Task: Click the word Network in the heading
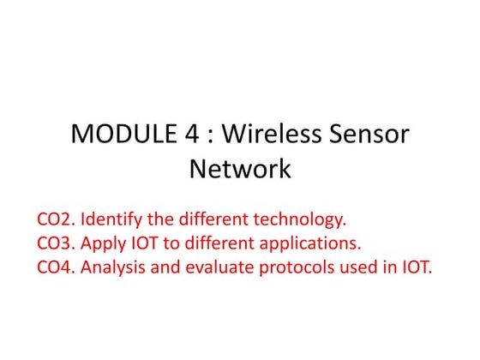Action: (240, 169)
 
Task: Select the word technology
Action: (301, 217)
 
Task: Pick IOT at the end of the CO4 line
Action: (418, 266)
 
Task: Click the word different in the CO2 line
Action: (214, 217)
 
